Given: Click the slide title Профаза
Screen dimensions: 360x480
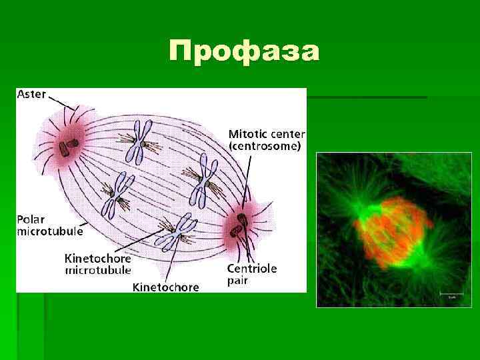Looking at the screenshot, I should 244,50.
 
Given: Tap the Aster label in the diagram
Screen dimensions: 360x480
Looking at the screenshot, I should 31,95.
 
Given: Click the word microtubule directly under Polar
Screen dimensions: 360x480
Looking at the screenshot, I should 50,231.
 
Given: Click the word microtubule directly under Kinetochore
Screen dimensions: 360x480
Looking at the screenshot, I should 97,270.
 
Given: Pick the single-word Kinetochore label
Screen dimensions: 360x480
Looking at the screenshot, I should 166,287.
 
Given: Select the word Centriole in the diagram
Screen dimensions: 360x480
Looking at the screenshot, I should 252,269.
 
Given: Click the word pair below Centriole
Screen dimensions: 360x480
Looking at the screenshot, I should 239,281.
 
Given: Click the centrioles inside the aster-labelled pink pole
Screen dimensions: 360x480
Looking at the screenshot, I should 67,145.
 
